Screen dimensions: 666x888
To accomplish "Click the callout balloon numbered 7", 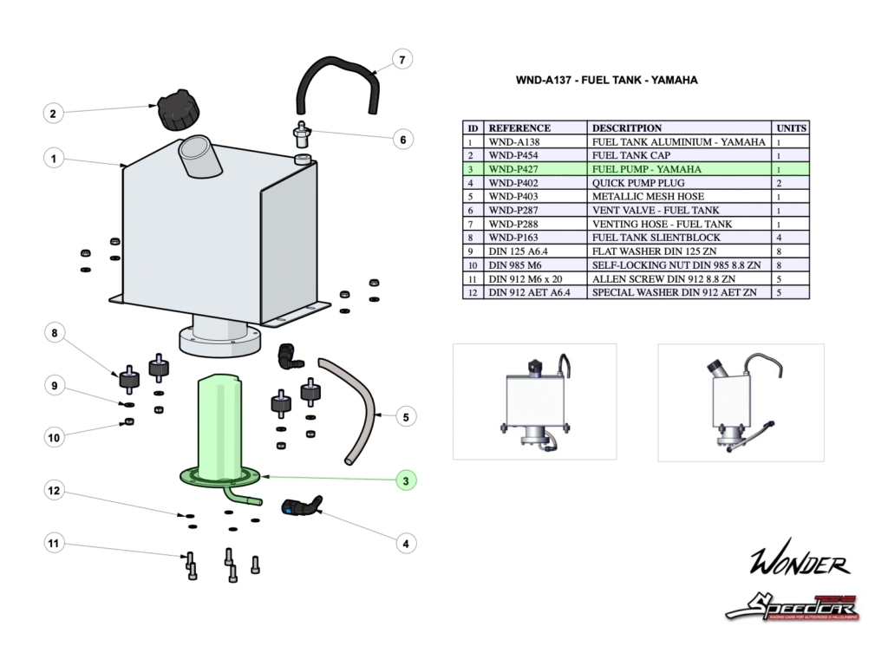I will click(x=401, y=60).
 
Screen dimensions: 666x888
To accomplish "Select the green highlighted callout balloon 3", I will click(x=405, y=480).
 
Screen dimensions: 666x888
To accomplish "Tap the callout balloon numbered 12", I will click(x=54, y=491).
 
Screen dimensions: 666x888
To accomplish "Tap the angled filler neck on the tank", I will click(x=194, y=154).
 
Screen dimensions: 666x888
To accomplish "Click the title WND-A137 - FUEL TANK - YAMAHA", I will click(x=606, y=80).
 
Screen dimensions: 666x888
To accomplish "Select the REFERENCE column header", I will click(x=519, y=127).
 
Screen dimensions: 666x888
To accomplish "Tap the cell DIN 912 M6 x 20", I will click(x=526, y=279).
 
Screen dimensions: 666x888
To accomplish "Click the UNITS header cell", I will click(x=791, y=127).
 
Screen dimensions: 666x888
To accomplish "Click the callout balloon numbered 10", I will click(x=54, y=438).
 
